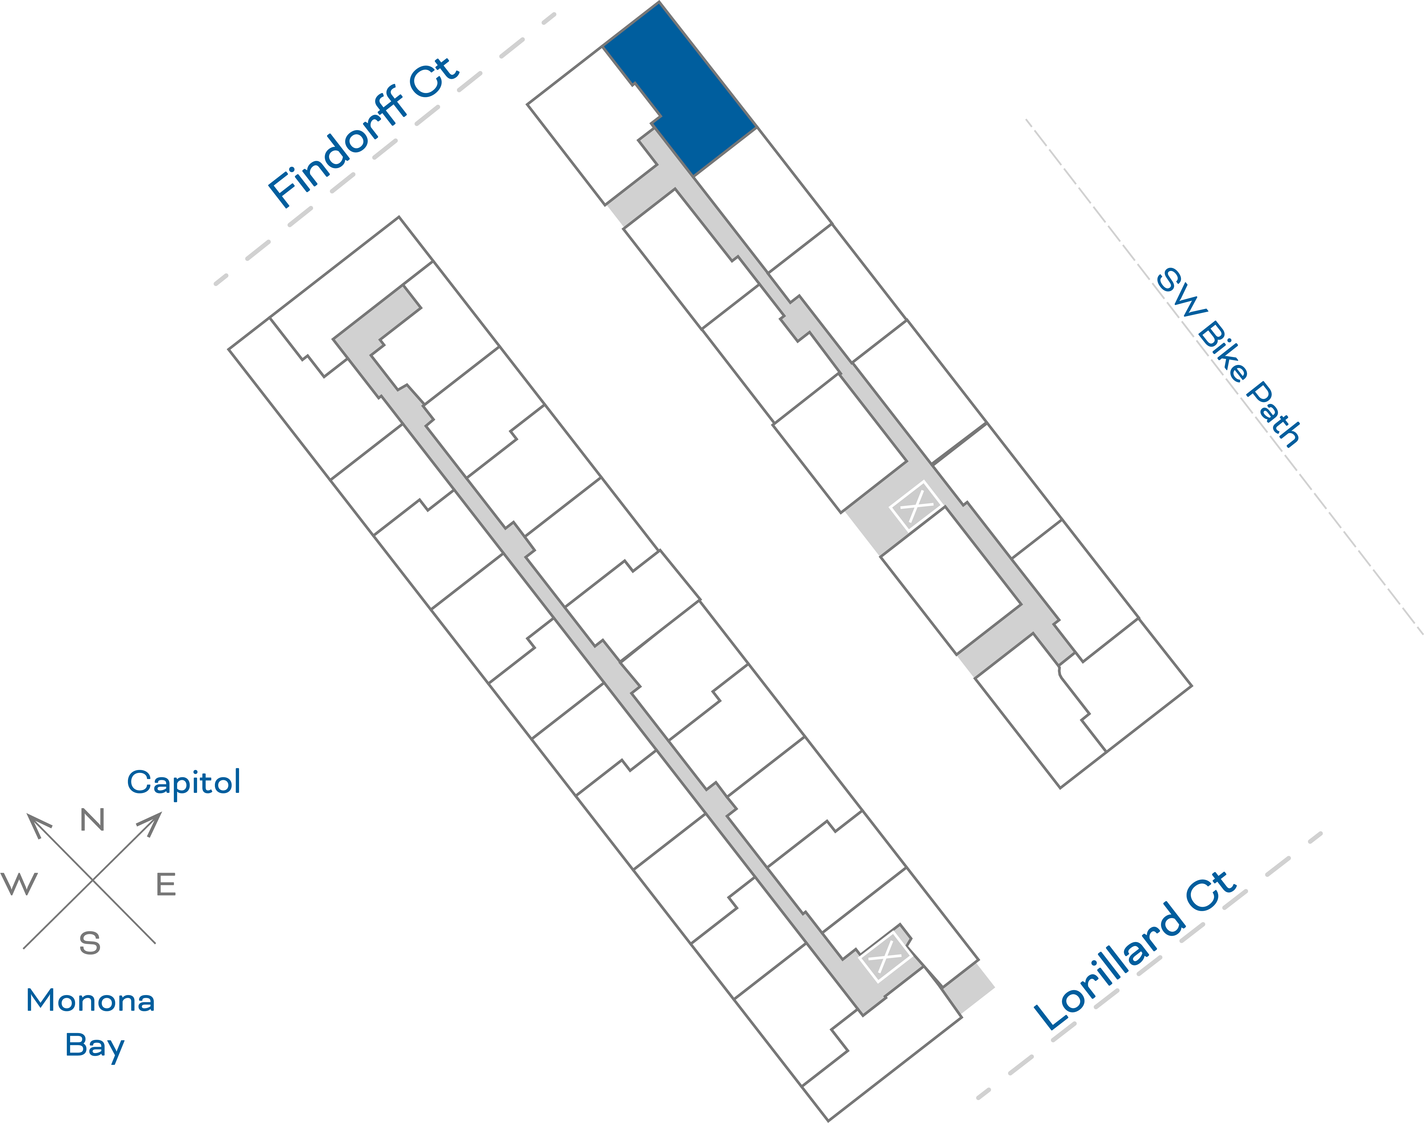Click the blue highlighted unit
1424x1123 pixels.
click(x=690, y=92)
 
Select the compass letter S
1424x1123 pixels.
click(x=90, y=944)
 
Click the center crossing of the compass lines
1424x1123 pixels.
click(x=93, y=880)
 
